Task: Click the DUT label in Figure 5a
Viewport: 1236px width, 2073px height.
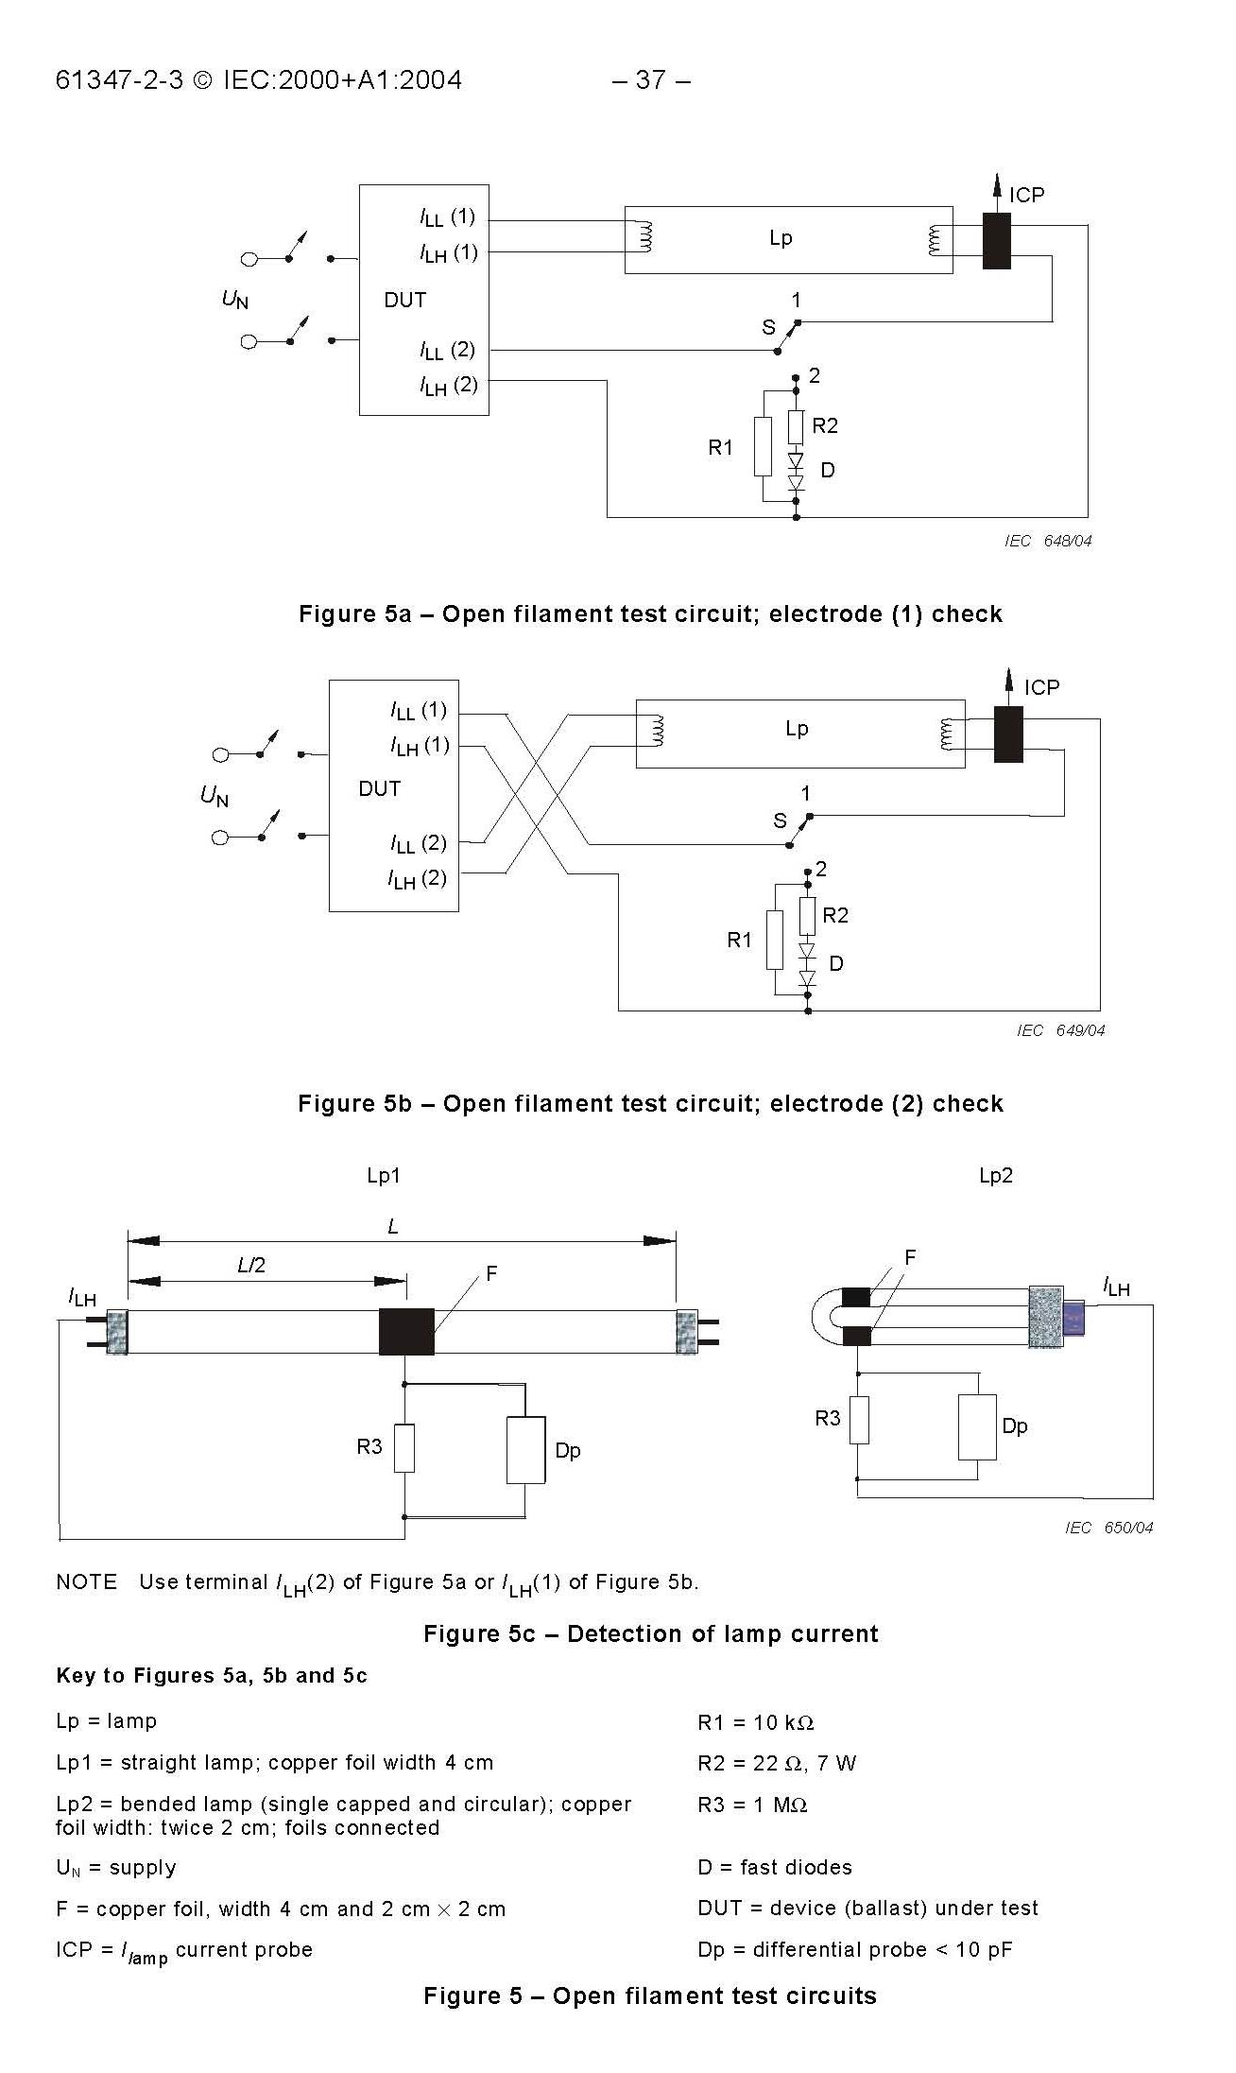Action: point(404,300)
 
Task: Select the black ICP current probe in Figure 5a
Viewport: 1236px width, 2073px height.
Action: point(996,241)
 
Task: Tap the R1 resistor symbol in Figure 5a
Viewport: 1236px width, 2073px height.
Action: point(763,446)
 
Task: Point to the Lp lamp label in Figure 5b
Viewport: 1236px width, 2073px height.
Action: point(797,729)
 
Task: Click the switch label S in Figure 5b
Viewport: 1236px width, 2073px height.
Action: point(780,821)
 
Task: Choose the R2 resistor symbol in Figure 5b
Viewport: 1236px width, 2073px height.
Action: point(807,915)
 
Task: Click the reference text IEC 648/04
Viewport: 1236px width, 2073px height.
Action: point(1048,541)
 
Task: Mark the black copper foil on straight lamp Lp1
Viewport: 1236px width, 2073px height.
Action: point(406,1332)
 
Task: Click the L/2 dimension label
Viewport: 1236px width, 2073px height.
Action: point(251,1265)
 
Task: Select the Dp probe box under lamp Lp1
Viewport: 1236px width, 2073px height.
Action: point(525,1450)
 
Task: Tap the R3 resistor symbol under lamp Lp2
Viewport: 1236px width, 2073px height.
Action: point(858,1419)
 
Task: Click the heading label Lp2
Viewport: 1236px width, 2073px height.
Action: point(996,1175)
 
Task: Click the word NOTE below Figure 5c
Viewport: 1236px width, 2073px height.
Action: point(86,1581)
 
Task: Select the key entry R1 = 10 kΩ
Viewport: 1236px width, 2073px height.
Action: point(755,1722)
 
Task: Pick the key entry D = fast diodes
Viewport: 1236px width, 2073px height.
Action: point(774,1867)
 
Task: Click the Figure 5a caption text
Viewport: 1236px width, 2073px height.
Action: point(650,614)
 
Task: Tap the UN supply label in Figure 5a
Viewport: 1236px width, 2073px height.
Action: point(234,300)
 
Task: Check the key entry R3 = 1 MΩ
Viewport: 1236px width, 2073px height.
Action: point(752,1805)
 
